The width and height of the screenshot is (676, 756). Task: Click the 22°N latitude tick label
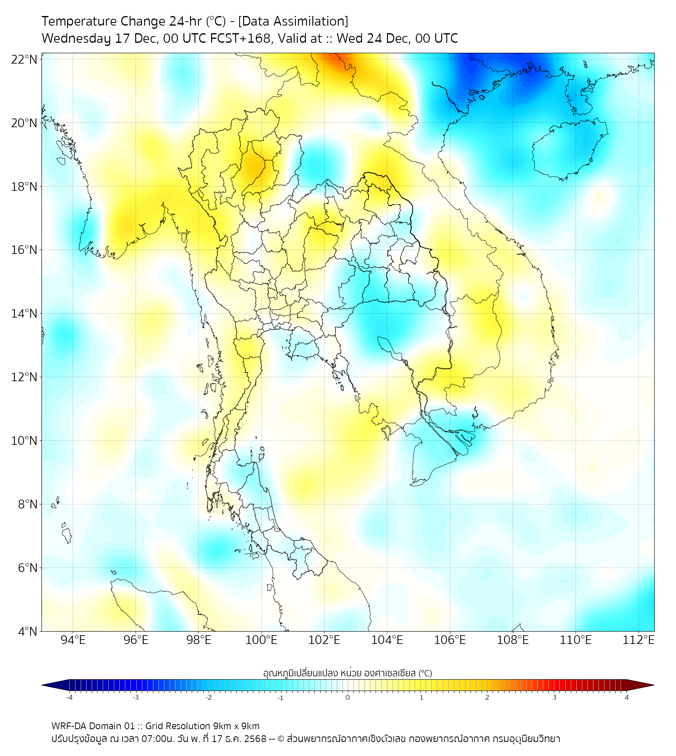pyautogui.click(x=24, y=59)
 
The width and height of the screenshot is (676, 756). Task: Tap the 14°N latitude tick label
pyautogui.click(x=24, y=314)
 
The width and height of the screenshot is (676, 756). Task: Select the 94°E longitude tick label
pyautogui.click(x=73, y=640)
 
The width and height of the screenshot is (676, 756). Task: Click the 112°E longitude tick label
pyautogui.click(x=638, y=640)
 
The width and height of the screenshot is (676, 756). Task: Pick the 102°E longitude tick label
pyautogui.click(x=324, y=640)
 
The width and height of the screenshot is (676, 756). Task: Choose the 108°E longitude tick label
pyautogui.click(x=513, y=640)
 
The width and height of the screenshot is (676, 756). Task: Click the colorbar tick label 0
pyautogui.click(x=348, y=696)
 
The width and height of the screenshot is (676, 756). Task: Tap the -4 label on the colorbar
pyautogui.click(x=68, y=696)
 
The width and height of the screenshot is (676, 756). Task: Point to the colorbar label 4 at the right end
pyautogui.click(x=627, y=696)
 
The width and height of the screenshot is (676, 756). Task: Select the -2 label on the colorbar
pyautogui.click(x=207, y=696)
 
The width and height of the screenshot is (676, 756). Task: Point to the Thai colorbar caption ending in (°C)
pyautogui.click(x=347, y=673)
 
